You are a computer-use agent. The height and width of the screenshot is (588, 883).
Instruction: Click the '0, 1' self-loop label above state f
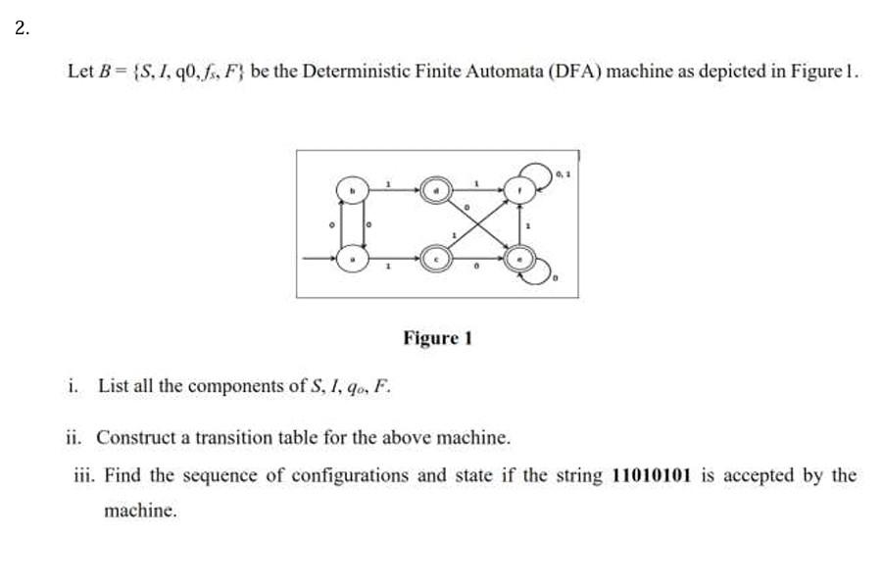tap(562, 174)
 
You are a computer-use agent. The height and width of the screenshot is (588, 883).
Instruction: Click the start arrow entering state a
tap(319, 260)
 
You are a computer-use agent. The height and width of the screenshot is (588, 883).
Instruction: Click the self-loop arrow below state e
tap(545, 274)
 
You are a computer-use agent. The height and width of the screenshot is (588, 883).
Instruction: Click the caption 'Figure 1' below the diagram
tap(437, 338)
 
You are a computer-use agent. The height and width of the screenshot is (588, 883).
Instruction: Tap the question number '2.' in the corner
tap(23, 27)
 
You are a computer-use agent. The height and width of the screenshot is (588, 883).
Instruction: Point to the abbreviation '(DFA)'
tap(575, 72)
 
